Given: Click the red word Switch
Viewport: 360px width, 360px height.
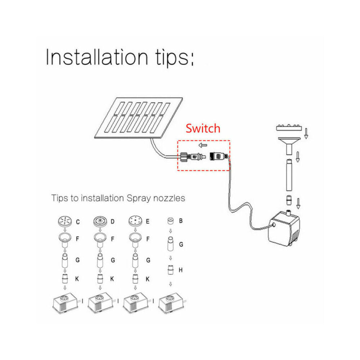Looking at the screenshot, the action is pyautogui.click(x=203, y=129).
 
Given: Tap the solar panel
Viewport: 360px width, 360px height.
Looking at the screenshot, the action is pyautogui.click(x=139, y=118).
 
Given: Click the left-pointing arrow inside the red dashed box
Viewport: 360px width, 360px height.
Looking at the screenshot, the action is pyautogui.click(x=203, y=145).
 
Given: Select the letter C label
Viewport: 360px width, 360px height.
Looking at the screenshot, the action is pyautogui.click(x=78, y=222).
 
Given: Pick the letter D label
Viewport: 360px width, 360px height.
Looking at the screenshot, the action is pyautogui.click(x=112, y=221).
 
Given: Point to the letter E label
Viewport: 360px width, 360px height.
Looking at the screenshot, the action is pyautogui.click(x=148, y=221).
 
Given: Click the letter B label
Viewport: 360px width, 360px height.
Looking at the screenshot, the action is pyautogui.click(x=181, y=221).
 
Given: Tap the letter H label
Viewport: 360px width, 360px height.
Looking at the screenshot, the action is pyautogui.click(x=181, y=270).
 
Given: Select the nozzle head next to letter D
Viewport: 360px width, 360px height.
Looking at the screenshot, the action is pyautogui.click(x=100, y=221).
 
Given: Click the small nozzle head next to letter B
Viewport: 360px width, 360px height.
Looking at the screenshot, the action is pyautogui.click(x=170, y=221).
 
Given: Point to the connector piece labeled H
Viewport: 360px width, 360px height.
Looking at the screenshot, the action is pyautogui.click(x=170, y=270).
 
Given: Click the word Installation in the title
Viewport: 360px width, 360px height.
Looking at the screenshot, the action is pyautogui.click(x=96, y=57).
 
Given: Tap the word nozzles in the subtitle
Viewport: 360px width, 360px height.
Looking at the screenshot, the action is pyautogui.click(x=169, y=198).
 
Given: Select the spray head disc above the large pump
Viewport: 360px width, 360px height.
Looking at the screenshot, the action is pyautogui.click(x=289, y=127).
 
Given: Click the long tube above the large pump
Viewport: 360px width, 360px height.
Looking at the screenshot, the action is pyautogui.click(x=289, y=175).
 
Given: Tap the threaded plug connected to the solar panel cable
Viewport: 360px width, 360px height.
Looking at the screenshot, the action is pyautogui.click(x=192, y=157).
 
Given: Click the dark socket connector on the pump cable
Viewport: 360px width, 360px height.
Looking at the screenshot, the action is pyautogui.click(x=219, y=156).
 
